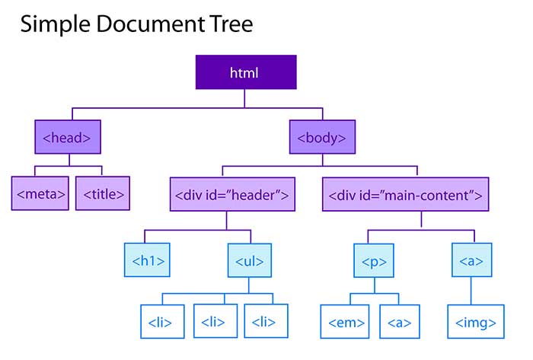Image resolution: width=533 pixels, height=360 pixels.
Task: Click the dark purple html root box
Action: point(244,74)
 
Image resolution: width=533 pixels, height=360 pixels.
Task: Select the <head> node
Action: point(68,139)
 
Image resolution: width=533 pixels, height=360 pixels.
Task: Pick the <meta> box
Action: point(40,193)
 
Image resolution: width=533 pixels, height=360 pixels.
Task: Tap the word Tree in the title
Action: point(229,24)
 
